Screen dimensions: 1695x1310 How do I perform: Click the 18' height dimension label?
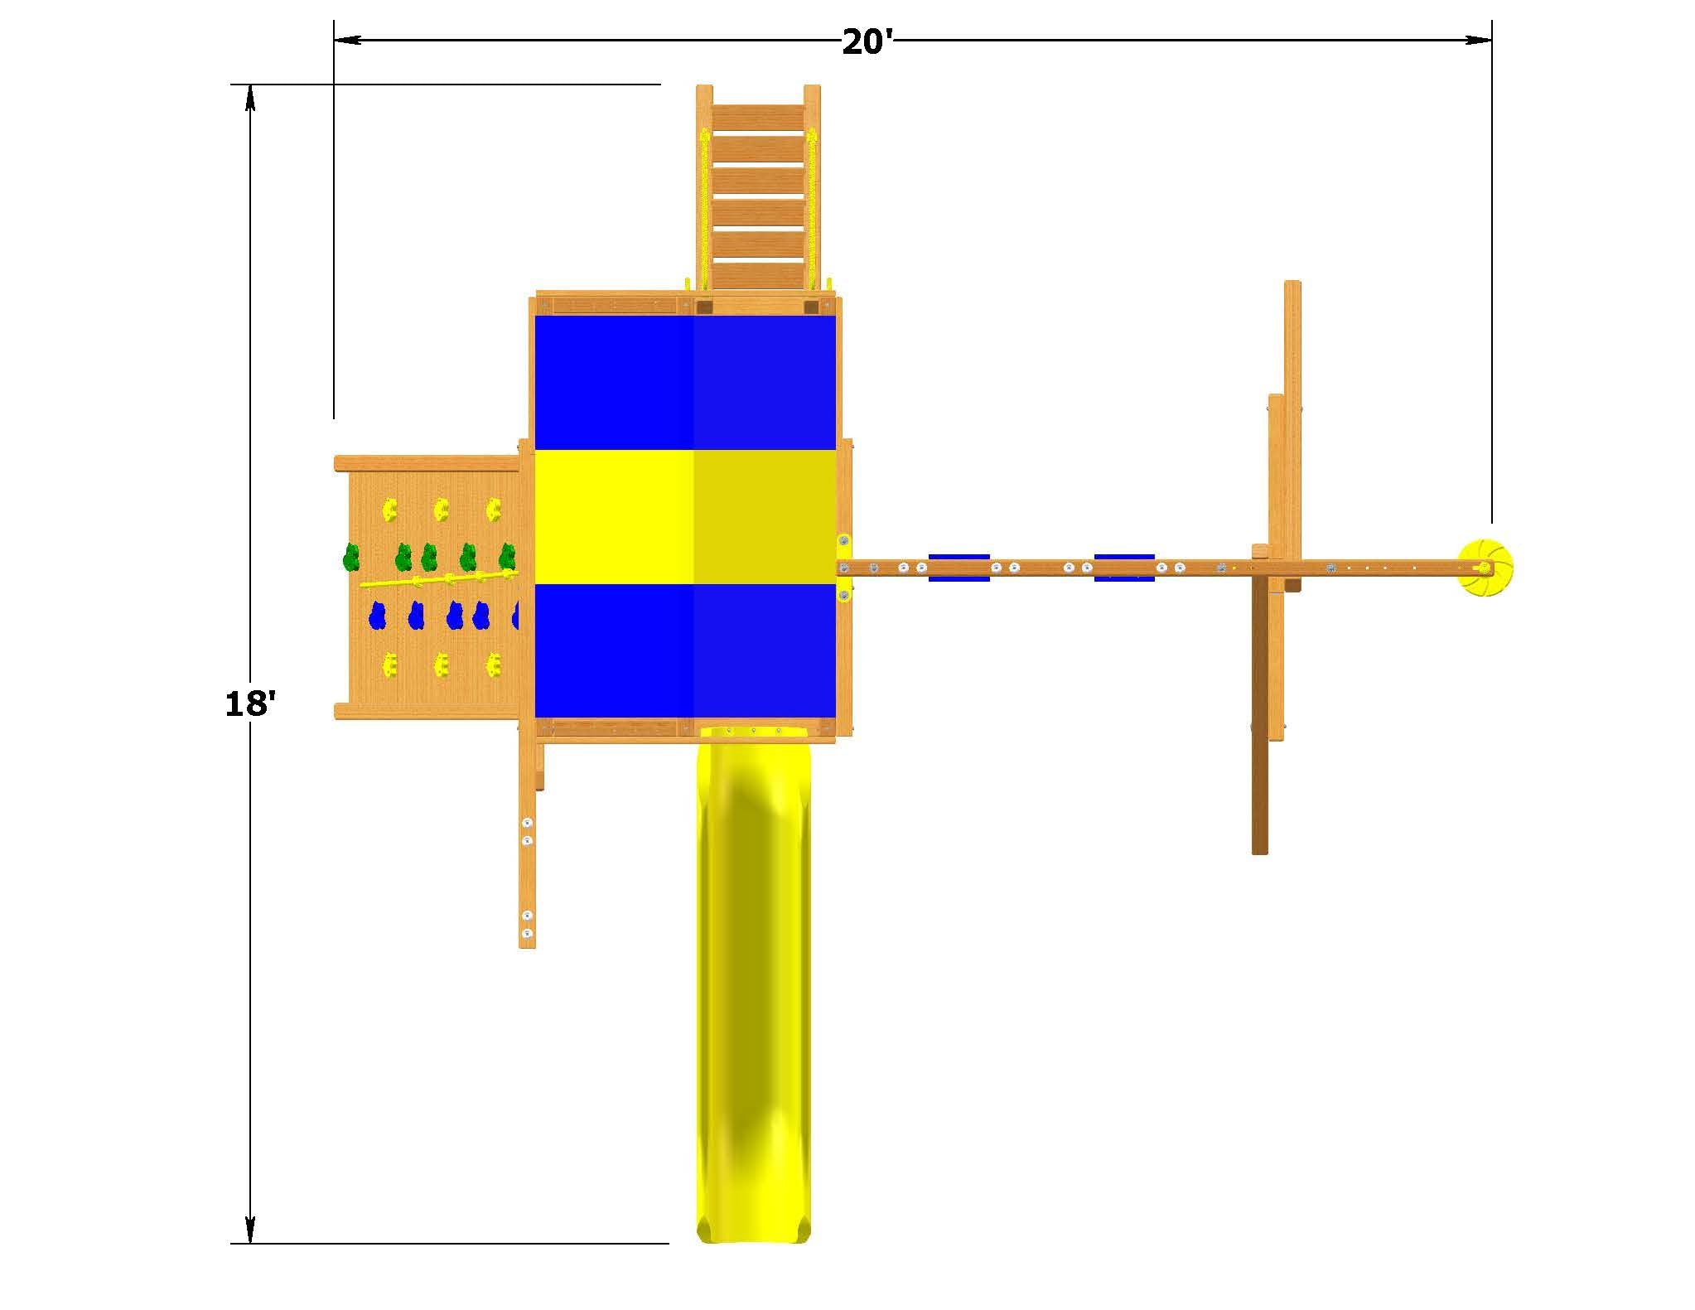tap(249, 704)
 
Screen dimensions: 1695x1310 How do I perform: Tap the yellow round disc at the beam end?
tap(1485, 568)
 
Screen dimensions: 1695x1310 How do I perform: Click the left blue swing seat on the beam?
tap(959, 568)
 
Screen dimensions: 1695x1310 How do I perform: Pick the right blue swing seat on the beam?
tap(1124, 568)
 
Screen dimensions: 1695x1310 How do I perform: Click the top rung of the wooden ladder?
tap(758, 117)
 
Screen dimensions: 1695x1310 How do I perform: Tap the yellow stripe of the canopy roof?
tap(685, 517)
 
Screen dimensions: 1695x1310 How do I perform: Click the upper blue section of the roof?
tap(685, 382)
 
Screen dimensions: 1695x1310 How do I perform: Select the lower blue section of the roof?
tap(685, 650)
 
